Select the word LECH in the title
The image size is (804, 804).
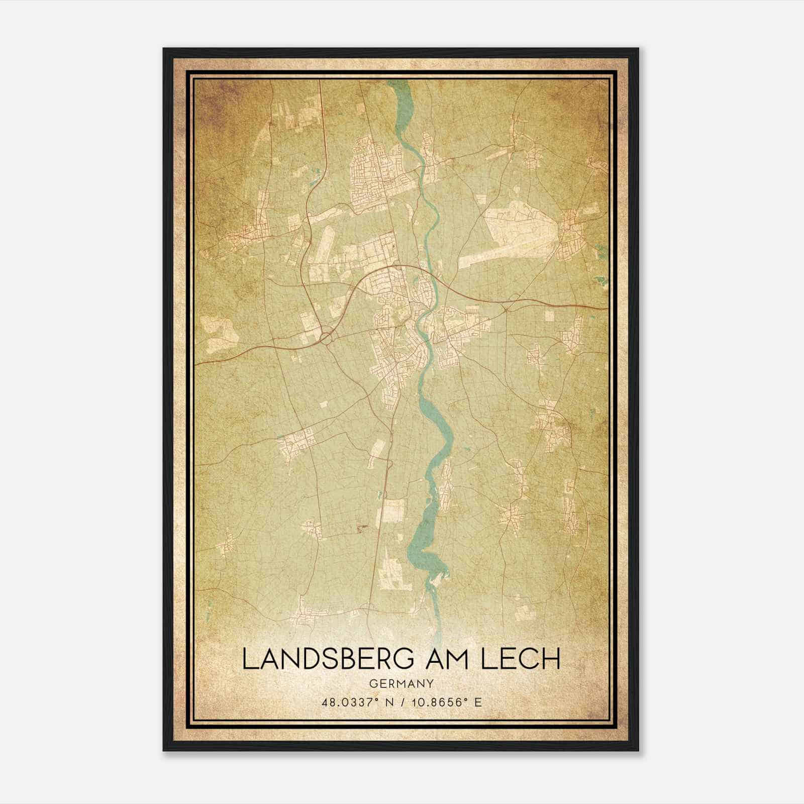pyautogui.click(x=521, y=659)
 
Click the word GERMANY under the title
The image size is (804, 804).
pyautogui.click(x=401, y=683)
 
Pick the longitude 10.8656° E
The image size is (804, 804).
pyautogui.click(x=445, y=702)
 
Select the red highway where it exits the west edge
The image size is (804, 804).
pyautogui.click(x=198, y=362)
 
